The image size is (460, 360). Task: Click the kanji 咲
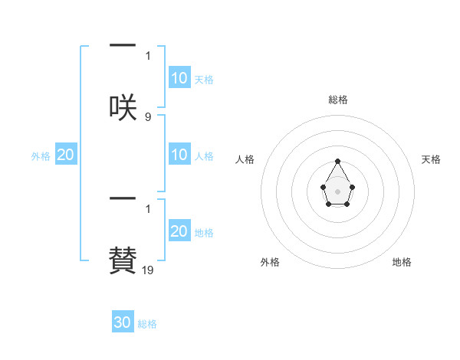tap(123, 106)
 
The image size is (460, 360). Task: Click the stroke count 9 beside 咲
tap(148, 116)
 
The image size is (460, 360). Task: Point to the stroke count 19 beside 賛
tap(148, 270)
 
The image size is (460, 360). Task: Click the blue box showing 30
tap(123, 322)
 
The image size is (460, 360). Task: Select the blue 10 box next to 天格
tap(179, 78)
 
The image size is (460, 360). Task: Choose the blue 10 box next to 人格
tap(179, 155)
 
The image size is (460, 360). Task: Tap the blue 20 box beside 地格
tap(179, 231)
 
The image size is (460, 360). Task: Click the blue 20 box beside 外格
tap(65, 155)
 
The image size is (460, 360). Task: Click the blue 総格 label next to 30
tap(147, 324)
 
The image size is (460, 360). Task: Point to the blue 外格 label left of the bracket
tap(41, 155)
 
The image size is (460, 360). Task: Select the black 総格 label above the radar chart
tap(337, 100)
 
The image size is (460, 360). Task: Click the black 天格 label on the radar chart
tap(431, 159)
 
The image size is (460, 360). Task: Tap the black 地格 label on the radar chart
tap(402, 262)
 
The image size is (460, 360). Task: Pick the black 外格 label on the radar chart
tap(270, 262)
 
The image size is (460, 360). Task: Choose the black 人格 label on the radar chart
tap(245, 159)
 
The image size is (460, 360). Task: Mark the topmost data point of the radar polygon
tap(337, 161)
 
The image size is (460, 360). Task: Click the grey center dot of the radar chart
tap(337, 191)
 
